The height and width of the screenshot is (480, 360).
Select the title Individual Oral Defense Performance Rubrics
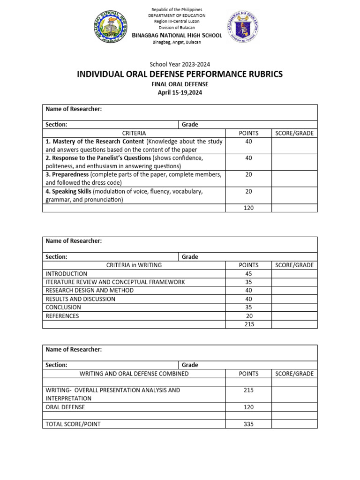pos(180,75)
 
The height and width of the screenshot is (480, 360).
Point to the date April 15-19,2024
pos(180,92)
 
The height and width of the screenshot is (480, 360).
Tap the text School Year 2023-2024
pos(180,64)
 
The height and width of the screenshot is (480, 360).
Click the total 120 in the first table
pos(248,208)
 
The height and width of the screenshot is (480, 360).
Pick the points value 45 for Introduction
pos(248,274)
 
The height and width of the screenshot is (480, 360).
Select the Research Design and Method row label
pos(90,291)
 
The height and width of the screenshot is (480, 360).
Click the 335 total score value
pos(248,424)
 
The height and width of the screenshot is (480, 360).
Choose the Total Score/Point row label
pos(73,424)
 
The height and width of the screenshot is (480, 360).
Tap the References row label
pos(62,316)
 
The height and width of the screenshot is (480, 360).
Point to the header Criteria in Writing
pos(134,265)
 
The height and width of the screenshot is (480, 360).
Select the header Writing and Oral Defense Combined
pos(134,374)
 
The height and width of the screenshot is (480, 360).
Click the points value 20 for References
pos(248,316)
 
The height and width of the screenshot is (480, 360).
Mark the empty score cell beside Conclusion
pos(294,307)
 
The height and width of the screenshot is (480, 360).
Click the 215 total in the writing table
pos(248,324)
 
